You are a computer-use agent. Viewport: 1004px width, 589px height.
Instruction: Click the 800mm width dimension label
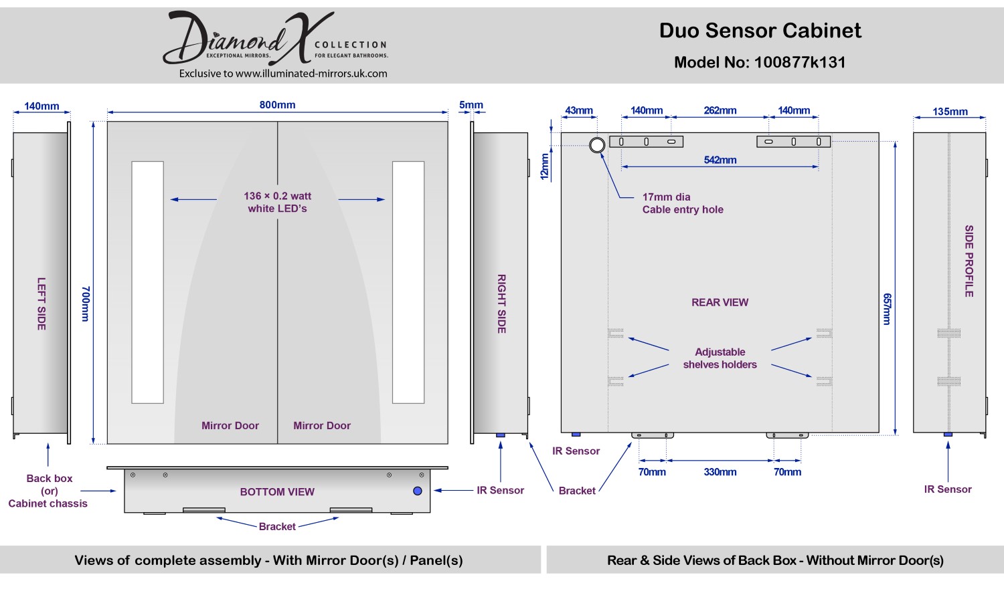[x=277, y=105]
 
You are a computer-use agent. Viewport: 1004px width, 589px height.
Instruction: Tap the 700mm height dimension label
[x=85, y=304]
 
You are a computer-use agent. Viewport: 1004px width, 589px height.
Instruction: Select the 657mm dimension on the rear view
[x=887, y=309]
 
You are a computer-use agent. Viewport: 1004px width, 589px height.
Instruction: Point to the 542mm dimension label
[x=720, y=160]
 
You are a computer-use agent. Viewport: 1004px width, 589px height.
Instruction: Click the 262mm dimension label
[x=720, y=110]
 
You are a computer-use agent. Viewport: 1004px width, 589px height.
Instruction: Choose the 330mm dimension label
[x=720, y=472]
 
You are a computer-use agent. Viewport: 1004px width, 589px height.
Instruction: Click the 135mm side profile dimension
[x=950, y=112]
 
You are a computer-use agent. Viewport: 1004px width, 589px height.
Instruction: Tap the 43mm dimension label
[x=579, y=110]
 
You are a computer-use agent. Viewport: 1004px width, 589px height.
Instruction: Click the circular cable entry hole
[x=597, y=144]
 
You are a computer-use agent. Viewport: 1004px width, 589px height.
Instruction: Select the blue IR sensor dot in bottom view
[x=418, y=491]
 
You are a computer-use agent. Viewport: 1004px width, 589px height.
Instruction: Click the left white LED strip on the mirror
[x=147, y=282]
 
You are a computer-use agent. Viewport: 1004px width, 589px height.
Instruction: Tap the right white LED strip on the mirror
[x=408, y=282]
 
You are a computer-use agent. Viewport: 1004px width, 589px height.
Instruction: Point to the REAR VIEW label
[x=720, y=302]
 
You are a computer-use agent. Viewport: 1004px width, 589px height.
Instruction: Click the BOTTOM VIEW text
[x=277, y=492]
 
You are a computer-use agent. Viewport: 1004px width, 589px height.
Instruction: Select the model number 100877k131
[x=800, y=62]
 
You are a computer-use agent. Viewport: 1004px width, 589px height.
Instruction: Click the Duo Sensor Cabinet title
[x=760, y=30]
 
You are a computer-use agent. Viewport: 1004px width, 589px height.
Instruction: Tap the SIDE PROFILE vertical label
[x=969, y=261]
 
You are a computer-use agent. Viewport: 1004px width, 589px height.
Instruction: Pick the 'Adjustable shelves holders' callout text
[x=720, y=358]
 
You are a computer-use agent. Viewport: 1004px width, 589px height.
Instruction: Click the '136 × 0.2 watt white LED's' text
[x=277, y=202]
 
